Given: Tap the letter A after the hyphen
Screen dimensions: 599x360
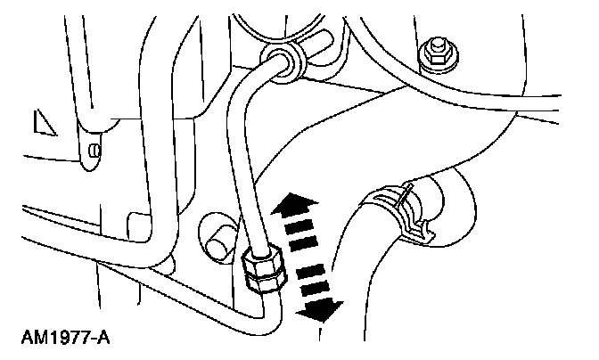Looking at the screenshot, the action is click(103, 339).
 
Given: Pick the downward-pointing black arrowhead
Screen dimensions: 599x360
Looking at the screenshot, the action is click(321, 309).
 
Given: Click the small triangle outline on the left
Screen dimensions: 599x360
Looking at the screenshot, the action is click(42, 123).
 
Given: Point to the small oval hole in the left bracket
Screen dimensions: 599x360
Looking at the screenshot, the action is click(92, 151).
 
